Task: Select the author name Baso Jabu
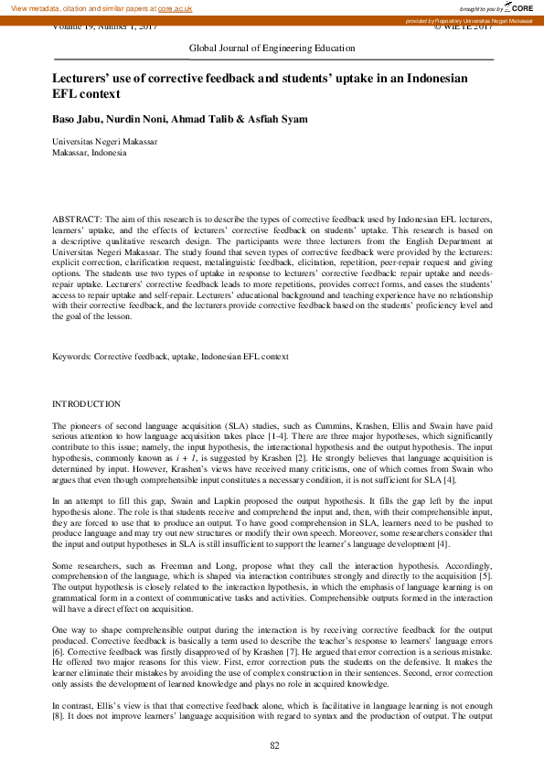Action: coord(74,120)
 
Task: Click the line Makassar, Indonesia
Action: coord(90,153)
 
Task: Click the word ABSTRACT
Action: coord(77,220)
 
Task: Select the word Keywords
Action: coord(71,356)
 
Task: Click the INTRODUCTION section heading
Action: coord(86,403)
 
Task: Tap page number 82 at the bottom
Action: coord(273,747)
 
